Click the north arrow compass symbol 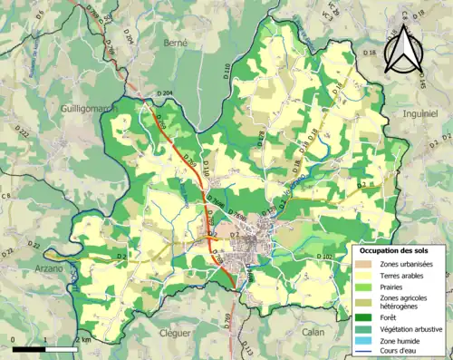tap(402, 50)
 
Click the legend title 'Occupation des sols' tap(393, 249)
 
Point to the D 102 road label tap(324, 258)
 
